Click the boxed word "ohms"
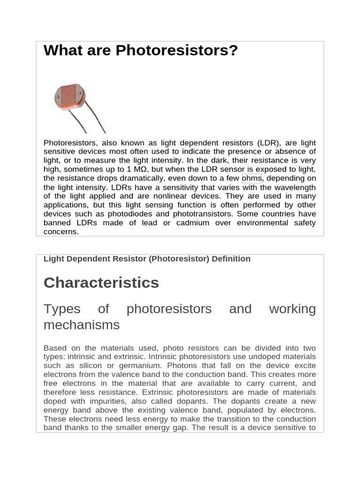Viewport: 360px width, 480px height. point(252,178)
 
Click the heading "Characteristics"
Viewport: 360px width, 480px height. point(101,283)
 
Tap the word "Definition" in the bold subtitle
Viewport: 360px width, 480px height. point(227,259)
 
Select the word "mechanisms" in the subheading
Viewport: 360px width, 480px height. point(82,325)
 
